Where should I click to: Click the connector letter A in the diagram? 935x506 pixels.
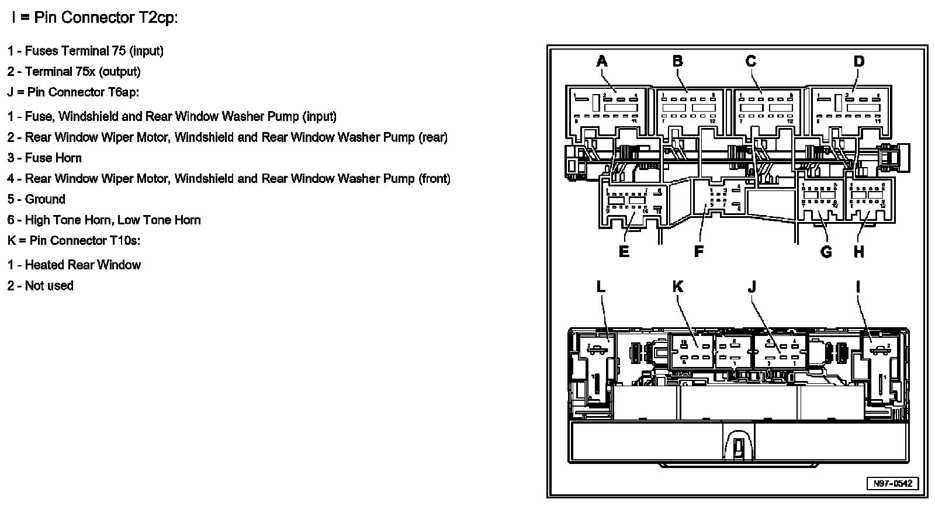[x=602, y=61]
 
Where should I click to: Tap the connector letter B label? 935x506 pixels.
[x=677, y=61]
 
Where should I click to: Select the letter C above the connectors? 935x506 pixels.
[x=751, y=61]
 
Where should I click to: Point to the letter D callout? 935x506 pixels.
[x=858, y=61]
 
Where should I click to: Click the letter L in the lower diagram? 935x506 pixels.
[x=601, y=286]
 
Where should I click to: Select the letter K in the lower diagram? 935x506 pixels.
[x=677, y=286]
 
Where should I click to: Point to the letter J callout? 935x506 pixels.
[x=752, y=286]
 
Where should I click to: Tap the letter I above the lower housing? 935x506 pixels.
[x=858, y=286]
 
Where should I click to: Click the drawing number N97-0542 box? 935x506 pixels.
[x=892, y=484]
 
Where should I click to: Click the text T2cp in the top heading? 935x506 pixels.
[x=153, y=18]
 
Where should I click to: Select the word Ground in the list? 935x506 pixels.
[x=45, y=199]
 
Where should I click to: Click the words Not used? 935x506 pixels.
[x=49, y=286]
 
